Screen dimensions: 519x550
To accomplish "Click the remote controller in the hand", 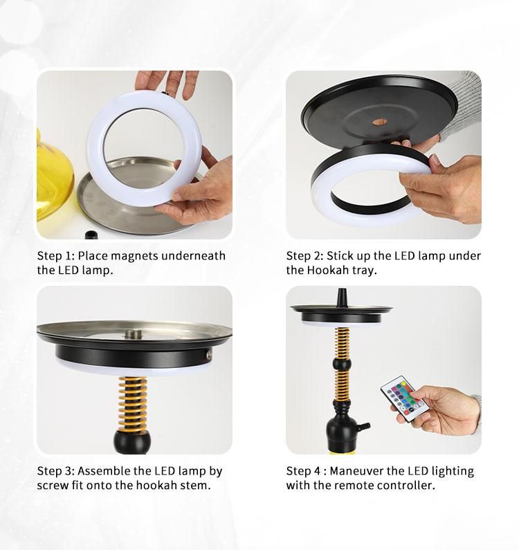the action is (x=404, y=398).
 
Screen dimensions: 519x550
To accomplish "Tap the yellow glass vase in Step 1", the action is (x=55, y=176).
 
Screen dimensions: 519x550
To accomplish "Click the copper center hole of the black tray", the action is (x=380, y=122).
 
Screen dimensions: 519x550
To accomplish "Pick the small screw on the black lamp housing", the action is (x=208, y=355).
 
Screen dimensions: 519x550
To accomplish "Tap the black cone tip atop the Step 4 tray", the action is (x=341, y=297).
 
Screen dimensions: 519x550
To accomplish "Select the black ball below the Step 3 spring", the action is (x=132, y=441).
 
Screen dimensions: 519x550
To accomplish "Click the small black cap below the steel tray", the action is (x=91, y=235).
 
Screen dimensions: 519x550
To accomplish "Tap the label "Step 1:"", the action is (x=56, y=256).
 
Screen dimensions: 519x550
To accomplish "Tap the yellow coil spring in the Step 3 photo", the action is (x=133, y=404).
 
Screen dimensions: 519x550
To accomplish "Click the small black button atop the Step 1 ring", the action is (x=164, y=93).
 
